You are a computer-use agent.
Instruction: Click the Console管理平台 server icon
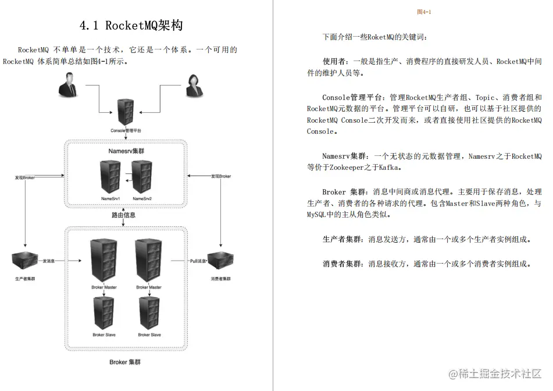click(125, 111)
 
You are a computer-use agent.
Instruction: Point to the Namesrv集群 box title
click(126, 151)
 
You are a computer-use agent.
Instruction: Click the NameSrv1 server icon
click(110, 177)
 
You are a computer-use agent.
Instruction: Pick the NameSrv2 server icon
click(142, 177)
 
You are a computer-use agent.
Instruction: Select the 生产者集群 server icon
click(26, 261)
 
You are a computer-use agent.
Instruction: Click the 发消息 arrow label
click(48, 261)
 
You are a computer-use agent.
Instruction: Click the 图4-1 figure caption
click(424, 12)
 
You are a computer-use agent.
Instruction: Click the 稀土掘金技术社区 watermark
click(494, 373)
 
